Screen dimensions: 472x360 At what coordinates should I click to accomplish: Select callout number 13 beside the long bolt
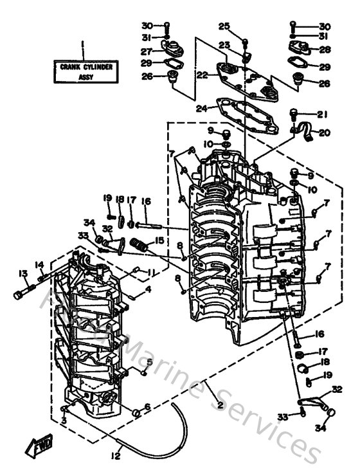[22, 273]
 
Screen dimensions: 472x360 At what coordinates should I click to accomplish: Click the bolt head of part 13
[17, 295]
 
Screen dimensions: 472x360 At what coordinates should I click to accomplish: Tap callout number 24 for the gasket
[203, 108]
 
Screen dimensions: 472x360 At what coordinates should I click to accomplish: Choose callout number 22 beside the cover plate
[202, 75]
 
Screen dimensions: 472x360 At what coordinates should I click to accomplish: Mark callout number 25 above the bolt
[224, 26]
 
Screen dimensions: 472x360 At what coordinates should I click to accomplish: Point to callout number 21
[321, 114]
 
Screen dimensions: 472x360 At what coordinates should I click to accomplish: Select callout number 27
[147, 51]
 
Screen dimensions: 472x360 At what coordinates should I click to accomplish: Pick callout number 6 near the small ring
[147, 407]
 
